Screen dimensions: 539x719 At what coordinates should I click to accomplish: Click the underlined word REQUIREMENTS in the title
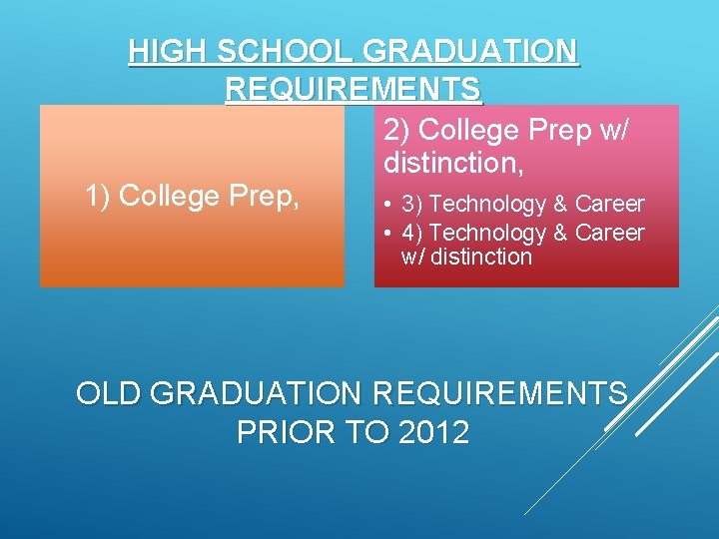coord(354,90)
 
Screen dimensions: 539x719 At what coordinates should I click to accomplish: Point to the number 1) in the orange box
coord(99,197)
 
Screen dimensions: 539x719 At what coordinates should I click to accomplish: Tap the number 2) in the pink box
coord(395,131)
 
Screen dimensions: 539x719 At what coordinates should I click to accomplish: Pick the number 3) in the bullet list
coord(410,205)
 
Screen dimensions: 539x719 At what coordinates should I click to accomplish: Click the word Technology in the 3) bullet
coord(486,205)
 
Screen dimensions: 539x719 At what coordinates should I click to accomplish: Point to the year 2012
coord(433,433)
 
